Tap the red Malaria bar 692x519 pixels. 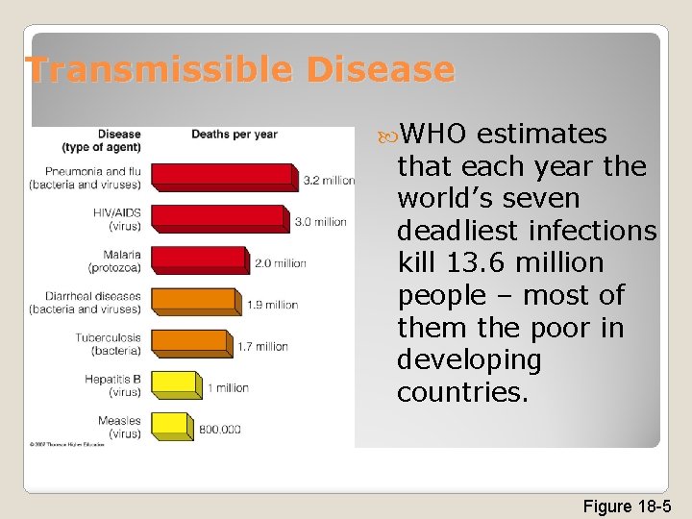(198, 259)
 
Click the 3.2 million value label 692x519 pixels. (329, 180)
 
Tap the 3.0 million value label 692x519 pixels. (320, 222)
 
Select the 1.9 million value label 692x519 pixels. (272, 305)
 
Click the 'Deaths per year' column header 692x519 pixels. (234, 135)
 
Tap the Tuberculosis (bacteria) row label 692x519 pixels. (108, 343)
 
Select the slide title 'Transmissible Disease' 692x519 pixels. (239, 69)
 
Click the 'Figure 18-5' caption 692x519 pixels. (627, 507)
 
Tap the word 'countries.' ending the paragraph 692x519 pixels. (462, 393)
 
